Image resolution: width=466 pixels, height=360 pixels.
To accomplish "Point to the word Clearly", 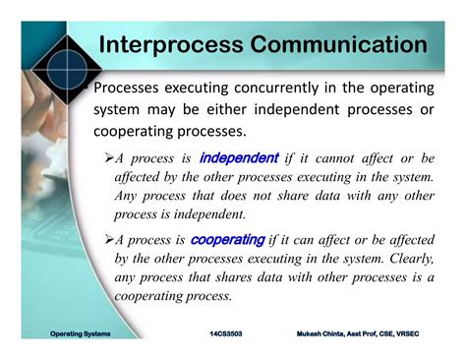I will pos(406,259).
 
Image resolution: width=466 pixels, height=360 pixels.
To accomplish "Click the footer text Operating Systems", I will pos(81,334).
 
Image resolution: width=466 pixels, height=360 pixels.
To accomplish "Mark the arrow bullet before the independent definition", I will pos(108,158).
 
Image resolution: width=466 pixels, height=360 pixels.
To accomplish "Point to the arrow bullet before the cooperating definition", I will pos(108,240).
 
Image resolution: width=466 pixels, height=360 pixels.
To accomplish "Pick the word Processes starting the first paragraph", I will pos(133,88).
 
